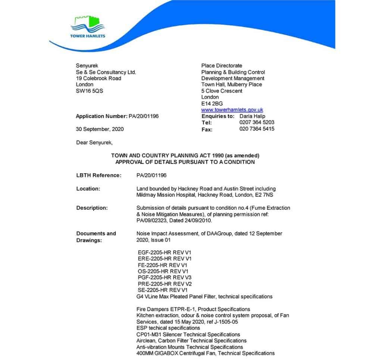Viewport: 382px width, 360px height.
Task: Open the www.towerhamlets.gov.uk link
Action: [232, 110]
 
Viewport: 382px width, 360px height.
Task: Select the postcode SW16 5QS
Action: [90, 91]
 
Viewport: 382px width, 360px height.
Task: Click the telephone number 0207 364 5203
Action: [257, 122]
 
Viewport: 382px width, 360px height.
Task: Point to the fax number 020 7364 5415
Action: [257, 129]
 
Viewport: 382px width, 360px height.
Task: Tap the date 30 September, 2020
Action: [100, 129]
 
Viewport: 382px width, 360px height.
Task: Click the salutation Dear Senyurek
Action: [94, 142]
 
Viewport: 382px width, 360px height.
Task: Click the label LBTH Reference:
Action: [99, 175]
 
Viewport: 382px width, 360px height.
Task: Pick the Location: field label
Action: [88, 189]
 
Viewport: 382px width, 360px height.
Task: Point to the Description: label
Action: [92, 208]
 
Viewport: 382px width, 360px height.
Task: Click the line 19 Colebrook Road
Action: [98, 78]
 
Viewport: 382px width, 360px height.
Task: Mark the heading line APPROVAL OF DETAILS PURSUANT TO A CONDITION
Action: [185, 162]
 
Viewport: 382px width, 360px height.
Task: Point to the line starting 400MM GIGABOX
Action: [206, 353]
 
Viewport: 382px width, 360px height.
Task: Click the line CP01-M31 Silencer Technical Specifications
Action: [188, 334]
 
